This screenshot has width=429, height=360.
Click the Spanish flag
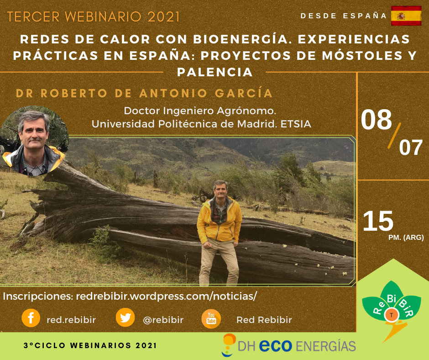(406, 16)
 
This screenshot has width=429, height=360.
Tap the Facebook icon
(31, 318)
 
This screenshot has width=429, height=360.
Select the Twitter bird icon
(126, 318)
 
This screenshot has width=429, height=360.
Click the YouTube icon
(211, 318)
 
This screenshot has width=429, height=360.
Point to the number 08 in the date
(376, 119)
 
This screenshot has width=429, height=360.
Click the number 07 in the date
(411, 148)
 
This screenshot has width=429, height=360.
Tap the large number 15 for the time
(378, 221)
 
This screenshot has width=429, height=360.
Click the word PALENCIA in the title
(215, 72)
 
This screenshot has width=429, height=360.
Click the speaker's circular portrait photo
(34, 141)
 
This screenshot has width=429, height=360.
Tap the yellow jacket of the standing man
(220, 220)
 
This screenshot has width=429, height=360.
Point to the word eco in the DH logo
(276, 345)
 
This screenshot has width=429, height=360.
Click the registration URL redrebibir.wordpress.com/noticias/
(166, 296)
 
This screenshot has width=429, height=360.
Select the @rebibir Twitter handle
(163, 320)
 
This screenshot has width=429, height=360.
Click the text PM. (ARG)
(406, 237)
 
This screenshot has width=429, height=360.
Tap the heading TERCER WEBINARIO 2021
(93, 17)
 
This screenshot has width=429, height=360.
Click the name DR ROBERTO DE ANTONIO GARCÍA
(144, 93)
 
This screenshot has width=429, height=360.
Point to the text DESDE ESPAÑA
(344, 16)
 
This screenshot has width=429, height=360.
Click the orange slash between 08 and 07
(394, 136)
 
